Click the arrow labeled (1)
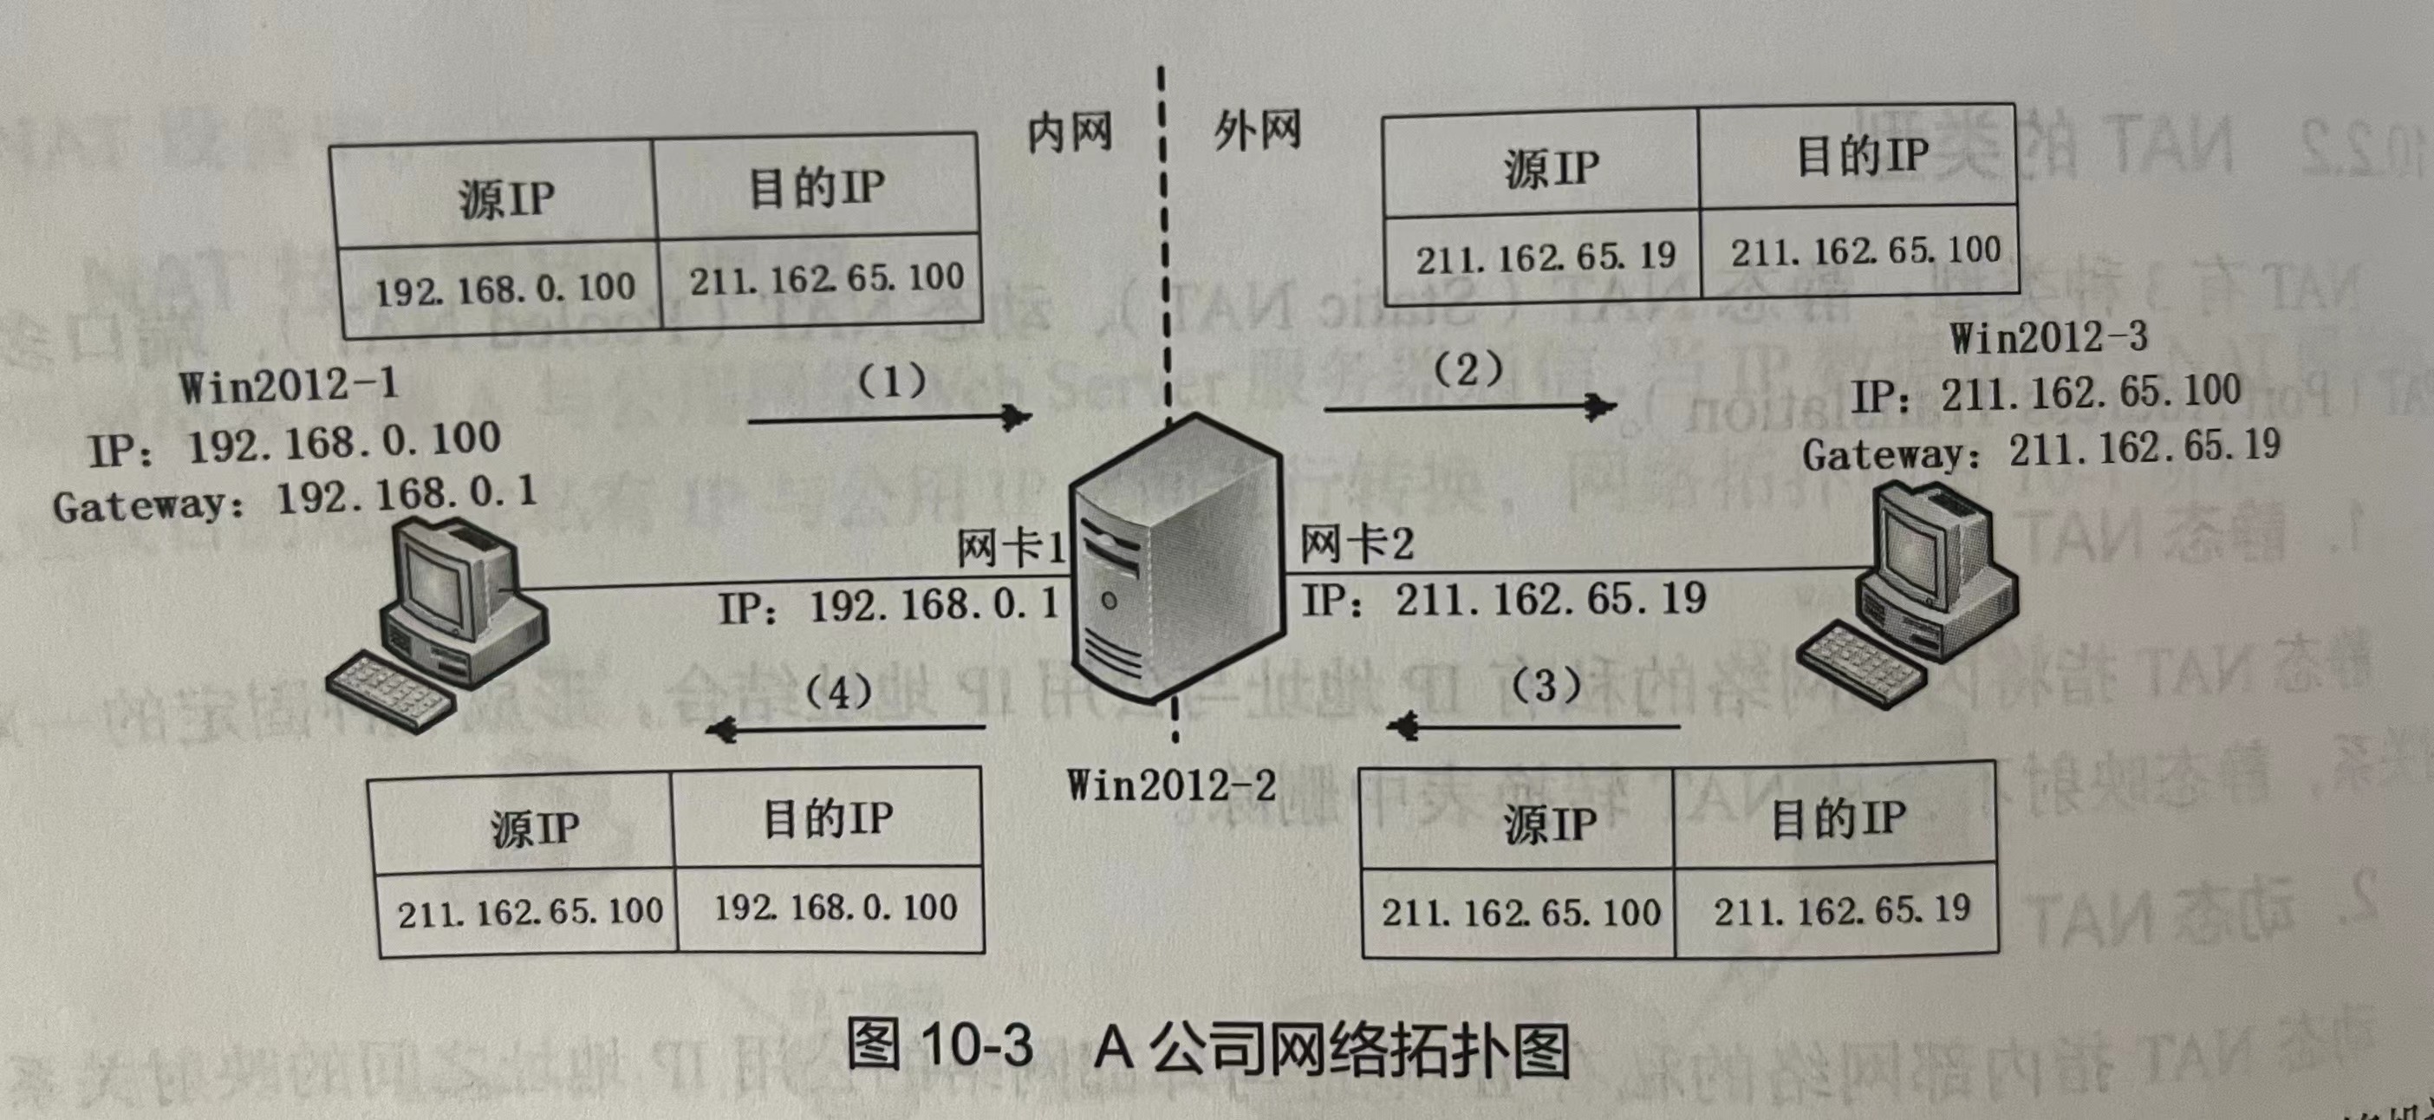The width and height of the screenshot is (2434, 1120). click(888, 418)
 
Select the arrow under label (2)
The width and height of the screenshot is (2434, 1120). click(1469, 407)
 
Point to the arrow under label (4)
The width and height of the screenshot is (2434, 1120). click(846, 729)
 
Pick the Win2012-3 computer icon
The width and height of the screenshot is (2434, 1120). click(1909, 596)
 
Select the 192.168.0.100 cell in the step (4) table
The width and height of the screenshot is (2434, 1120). click(836, 908)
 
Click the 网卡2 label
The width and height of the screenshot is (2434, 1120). click(1357, 545)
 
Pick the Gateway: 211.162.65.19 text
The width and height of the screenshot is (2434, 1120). click(2041, 451)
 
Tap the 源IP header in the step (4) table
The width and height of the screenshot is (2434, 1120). click(534, 828)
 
